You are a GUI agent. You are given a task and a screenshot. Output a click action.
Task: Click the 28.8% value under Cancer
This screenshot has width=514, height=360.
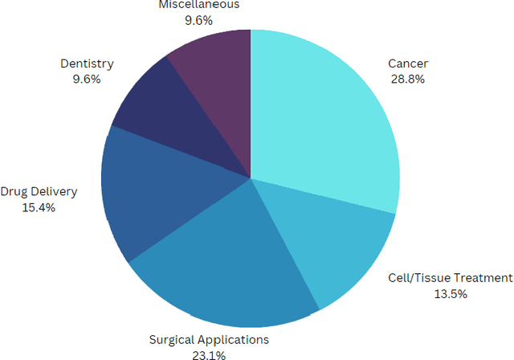coord(407,79)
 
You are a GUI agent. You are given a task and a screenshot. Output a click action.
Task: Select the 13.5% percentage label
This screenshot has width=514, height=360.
coord(449,293)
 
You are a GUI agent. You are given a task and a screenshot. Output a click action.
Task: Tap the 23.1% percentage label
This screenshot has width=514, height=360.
coord(208,354)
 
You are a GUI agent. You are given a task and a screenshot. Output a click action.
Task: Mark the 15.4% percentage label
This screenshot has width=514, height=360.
coord(39,207)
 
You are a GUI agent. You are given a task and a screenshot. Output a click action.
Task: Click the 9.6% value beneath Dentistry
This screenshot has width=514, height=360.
coord(86,79)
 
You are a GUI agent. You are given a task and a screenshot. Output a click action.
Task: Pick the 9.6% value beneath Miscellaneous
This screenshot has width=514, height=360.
coord(199,19)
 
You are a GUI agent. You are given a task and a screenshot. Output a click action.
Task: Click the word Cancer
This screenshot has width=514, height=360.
coord(407,63)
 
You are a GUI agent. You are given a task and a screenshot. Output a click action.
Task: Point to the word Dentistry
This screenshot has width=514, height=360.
coord(86,63)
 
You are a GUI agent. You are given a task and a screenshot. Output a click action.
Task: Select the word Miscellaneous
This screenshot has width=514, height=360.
coord(199,5)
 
